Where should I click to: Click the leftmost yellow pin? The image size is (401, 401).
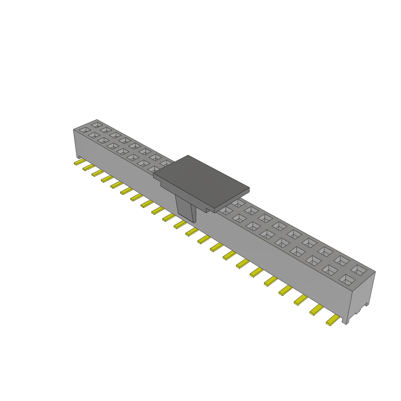79,162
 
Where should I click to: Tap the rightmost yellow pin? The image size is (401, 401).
332,320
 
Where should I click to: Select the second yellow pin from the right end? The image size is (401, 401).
316,310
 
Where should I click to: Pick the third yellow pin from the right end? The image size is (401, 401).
300,300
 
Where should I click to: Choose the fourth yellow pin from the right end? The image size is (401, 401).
285,290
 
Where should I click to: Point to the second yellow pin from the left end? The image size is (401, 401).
89,168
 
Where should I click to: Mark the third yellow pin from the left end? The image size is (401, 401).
98,173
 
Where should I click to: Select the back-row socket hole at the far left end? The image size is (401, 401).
96,125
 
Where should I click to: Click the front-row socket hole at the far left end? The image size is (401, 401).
84,130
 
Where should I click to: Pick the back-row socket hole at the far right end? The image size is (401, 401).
358,269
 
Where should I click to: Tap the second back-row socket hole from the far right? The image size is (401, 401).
342,260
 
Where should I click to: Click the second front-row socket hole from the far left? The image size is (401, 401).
94,135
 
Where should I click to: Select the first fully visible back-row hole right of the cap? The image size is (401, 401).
238,203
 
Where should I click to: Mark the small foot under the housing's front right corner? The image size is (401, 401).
345,321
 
